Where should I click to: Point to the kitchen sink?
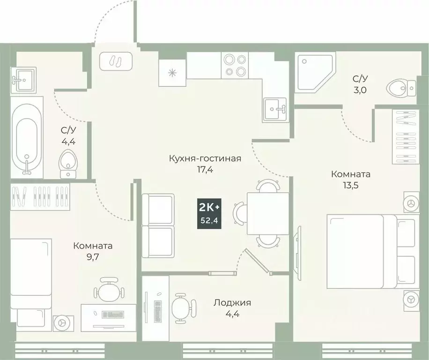[x=276, y=109]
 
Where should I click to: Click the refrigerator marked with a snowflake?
[x=172, y=73]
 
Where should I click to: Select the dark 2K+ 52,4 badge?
[x=209, y=213]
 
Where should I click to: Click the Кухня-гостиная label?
[x=205, y=158]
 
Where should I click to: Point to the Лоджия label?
[x=232, y=303]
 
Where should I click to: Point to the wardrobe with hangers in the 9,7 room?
[x=40, y=196]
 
